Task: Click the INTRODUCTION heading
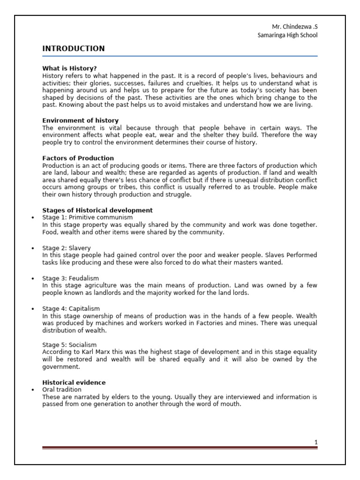74,49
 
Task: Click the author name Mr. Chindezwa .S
292,27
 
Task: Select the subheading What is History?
69,68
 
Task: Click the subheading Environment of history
80,120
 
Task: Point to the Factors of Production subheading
78,158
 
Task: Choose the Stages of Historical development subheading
97,210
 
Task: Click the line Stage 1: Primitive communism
87,217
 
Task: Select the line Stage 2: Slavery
67,247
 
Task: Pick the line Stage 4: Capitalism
71,308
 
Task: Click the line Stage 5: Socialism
69,345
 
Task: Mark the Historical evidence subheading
74,382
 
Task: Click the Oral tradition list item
61,390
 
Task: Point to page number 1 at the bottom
316,442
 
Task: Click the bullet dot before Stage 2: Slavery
32,248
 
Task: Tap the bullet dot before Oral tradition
32,390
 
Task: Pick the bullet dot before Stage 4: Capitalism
32,309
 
